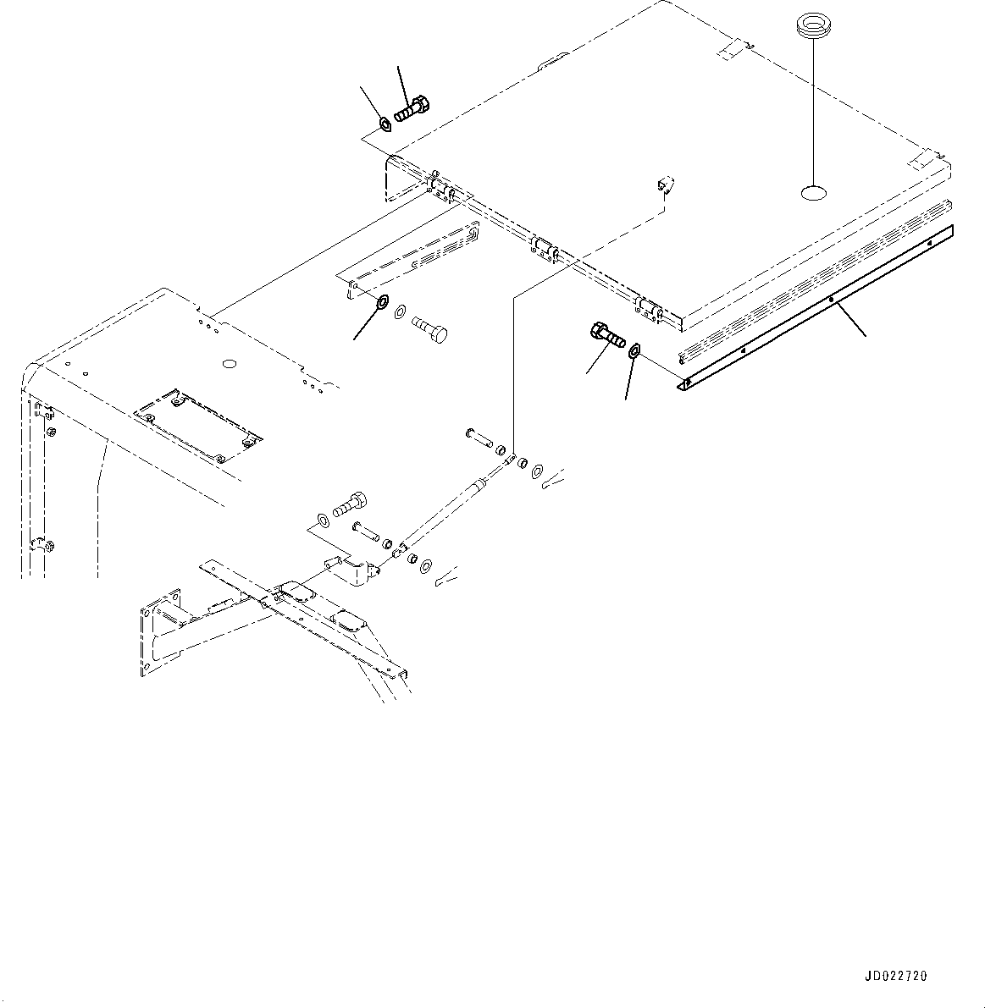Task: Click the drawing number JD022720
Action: click(896, 976)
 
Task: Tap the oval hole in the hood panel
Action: click(812, 194)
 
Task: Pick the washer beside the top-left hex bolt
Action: click(385, 125)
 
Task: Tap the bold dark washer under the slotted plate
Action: click(382, 301)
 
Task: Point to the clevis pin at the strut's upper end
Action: click(479, 437)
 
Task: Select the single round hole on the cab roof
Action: click(227, 364)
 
